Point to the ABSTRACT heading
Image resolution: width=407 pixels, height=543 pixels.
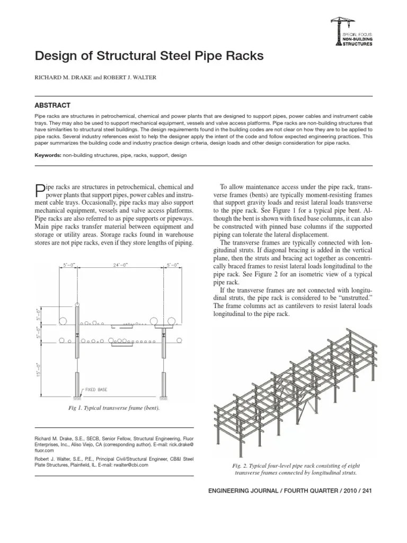pos(52,106)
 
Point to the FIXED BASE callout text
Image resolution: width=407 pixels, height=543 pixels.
pos(96,390)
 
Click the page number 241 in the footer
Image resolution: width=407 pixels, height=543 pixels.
pos(367,490)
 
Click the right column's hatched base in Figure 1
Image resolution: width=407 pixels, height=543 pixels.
pos(164,396)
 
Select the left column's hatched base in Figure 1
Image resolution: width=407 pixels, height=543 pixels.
pos(77,396)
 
